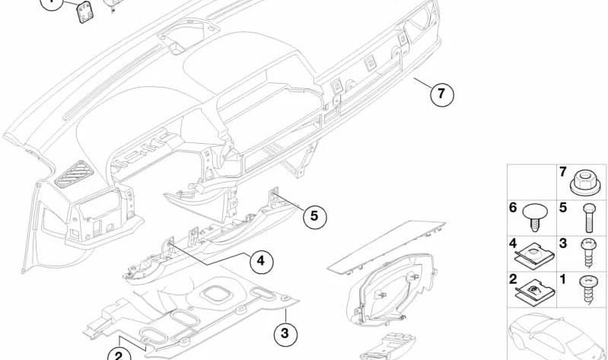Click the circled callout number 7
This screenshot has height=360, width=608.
point(441,94)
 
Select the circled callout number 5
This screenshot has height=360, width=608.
point(314,215)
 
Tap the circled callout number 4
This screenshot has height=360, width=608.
point(261,261)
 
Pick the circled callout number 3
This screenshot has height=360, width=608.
point(285,333)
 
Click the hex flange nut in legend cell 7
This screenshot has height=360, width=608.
point(585,183)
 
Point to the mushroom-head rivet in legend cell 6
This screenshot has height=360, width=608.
point(535,218)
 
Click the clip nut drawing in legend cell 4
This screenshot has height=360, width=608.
point(535,255)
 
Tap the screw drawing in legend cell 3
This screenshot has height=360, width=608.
point(587,253)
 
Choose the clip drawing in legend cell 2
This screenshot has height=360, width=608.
point(535,292)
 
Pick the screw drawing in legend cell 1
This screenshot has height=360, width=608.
point(588,287)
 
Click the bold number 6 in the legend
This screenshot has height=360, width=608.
point(513,208)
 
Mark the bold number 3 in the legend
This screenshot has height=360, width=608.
point(563,244)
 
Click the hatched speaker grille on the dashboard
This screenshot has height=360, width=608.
point(74,173)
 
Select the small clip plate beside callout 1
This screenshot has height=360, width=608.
point(86,12)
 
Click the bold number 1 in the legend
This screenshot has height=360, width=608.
point(563,279)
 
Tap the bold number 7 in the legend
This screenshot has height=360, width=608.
point(563,171)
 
